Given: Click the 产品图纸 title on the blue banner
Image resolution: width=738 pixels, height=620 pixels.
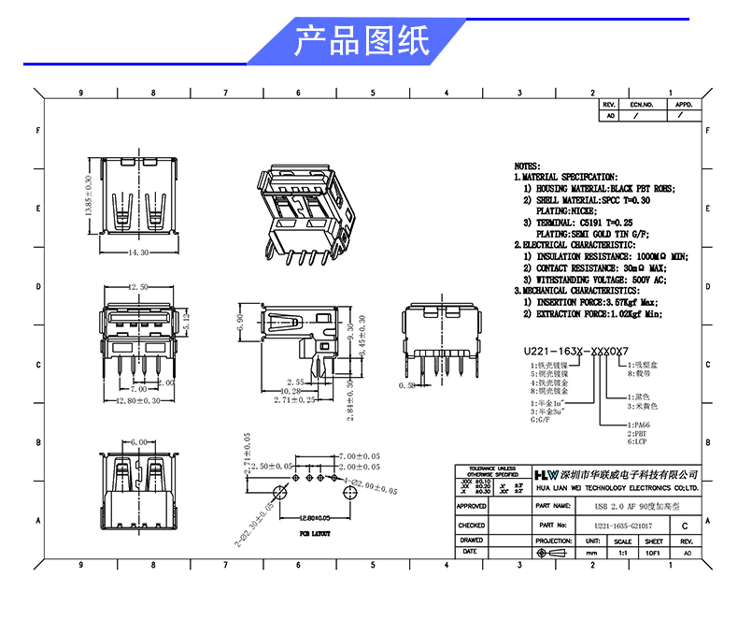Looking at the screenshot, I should [x=362, y=41].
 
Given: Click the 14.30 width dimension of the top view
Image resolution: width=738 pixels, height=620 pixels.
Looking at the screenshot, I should [x=140, y=252].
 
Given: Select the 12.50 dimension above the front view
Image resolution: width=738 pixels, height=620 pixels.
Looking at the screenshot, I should [x=139, y=287].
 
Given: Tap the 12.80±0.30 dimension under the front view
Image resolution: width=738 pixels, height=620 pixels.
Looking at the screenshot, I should [x=139, y=400].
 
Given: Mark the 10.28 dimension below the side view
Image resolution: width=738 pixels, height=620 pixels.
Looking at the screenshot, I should [x=291, y=391].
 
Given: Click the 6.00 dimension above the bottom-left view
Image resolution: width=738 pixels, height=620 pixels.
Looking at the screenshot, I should [x=139, y=441].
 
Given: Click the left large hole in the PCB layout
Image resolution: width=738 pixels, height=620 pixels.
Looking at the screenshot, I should [x=277, y=493].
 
